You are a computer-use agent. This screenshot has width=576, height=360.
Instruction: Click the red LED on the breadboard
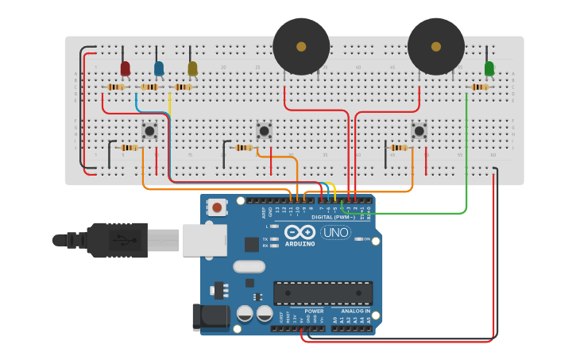coord(125,68)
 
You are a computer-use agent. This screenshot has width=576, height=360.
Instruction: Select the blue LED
coord(159,68)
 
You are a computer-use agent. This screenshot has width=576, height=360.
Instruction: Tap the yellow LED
coord(192,69)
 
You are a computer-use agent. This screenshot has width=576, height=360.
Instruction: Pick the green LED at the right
coord(489,68)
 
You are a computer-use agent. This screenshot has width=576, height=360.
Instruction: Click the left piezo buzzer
coord(301,47)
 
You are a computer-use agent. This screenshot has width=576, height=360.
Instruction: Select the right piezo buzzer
coord(436,47)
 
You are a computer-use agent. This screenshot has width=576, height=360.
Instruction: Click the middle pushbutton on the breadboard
coord(265,130)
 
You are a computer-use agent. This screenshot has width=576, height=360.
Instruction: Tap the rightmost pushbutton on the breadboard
coord(419,130)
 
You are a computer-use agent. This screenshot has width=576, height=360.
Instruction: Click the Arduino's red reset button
coord(217,207)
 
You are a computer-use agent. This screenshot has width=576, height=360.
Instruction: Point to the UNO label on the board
coord(336,233)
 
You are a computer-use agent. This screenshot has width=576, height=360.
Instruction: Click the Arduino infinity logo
coord(300,232)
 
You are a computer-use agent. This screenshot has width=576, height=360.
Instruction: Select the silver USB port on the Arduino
coord(204,239)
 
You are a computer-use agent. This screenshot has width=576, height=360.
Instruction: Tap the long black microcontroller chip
coord(323,292)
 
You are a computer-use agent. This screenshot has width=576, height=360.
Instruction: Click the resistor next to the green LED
coord(479,87)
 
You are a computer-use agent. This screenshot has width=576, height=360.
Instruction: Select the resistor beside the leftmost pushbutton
coord(129,147)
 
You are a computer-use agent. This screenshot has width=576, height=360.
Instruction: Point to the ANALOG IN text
coord(356,311)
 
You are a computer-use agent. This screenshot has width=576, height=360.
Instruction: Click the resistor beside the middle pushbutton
coord(243,147)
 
